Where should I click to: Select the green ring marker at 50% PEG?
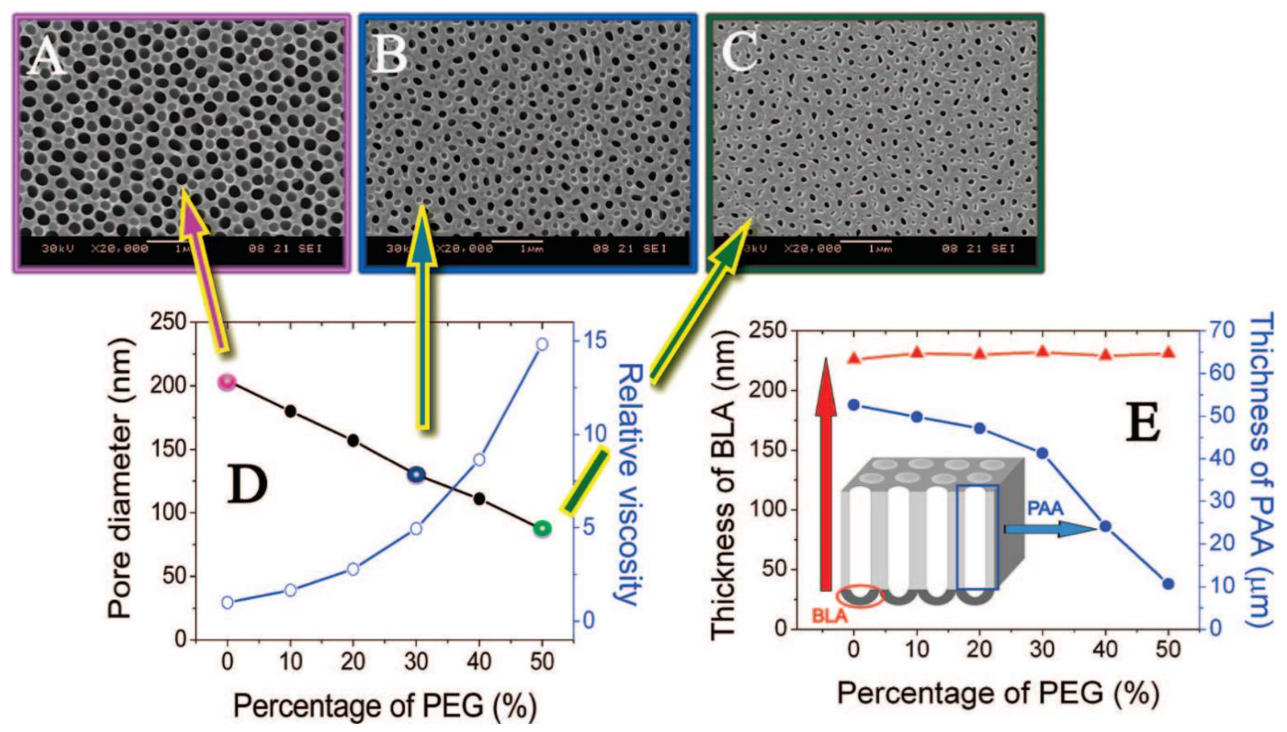pos(542,528)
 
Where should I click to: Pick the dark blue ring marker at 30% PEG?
pos(416,474)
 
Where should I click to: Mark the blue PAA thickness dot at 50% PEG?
pos(1168,584)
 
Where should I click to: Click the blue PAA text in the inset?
pos(1045,509)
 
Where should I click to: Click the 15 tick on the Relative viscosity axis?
pos(593,341)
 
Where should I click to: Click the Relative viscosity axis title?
pos(629,484)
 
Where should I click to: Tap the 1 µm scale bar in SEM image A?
pos(173,242)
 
